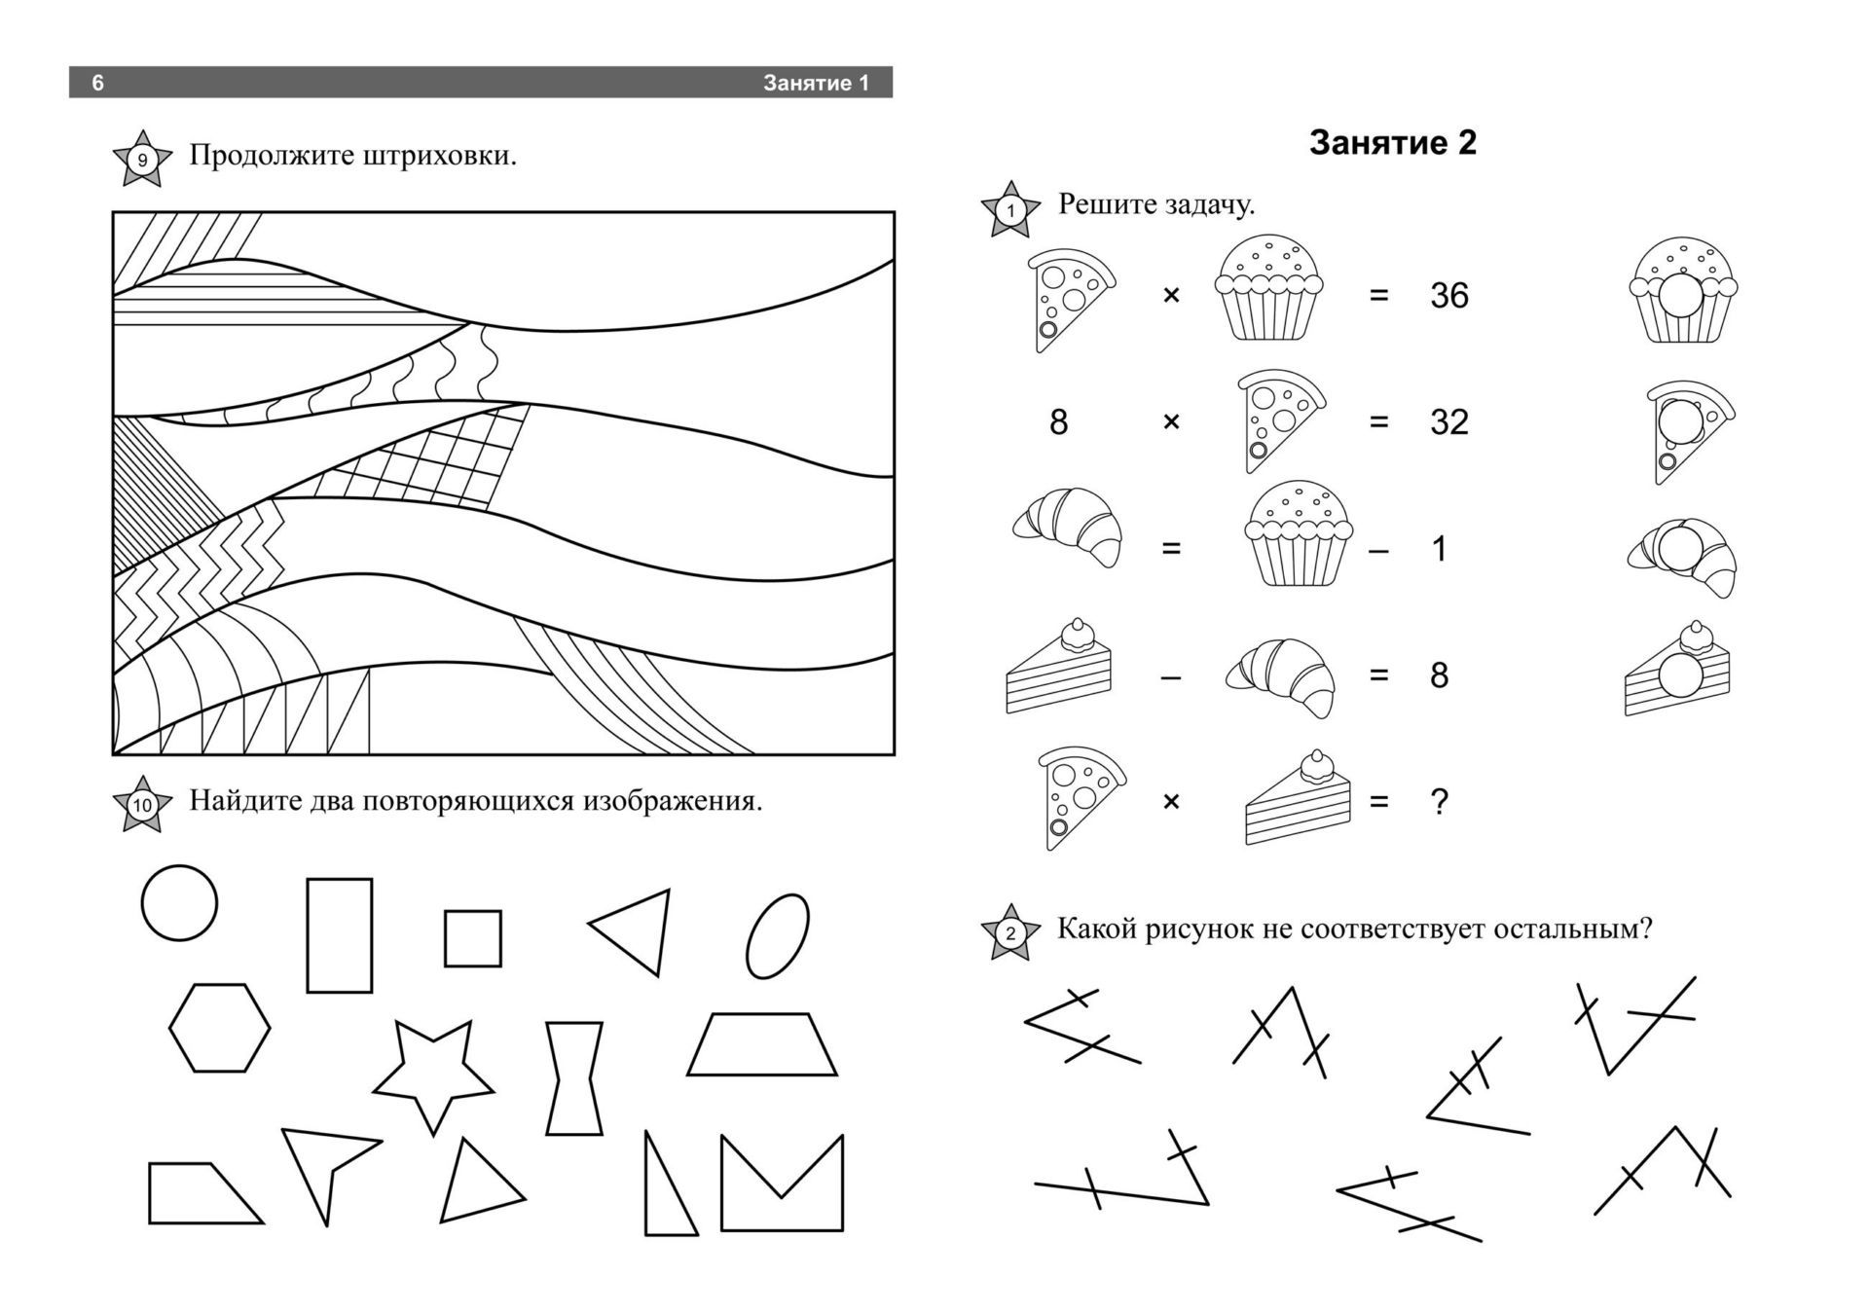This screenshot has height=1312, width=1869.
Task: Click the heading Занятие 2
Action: point(1392,143)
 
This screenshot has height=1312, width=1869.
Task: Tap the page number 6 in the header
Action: point(97,83)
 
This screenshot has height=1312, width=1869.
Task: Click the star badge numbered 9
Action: point(142,159)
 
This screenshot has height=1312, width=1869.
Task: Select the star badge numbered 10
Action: point(142,805)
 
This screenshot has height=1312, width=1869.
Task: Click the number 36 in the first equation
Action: point(1448,295)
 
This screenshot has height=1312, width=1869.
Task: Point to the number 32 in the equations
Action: point(1448,421)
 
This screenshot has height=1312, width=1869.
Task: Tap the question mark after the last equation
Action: point(1440,801)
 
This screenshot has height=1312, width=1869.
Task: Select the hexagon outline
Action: point(220,1028)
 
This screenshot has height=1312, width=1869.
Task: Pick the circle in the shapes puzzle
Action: point(179,902)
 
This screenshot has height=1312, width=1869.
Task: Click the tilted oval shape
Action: point(778,935)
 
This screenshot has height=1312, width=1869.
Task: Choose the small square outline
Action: point(473,938)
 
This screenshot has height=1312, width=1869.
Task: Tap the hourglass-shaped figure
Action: point(574,1078)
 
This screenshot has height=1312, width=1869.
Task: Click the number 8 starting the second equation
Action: point(1059,421)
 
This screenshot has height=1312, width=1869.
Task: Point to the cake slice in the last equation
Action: point(1299,797)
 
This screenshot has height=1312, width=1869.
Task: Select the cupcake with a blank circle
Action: point(1683,289)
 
